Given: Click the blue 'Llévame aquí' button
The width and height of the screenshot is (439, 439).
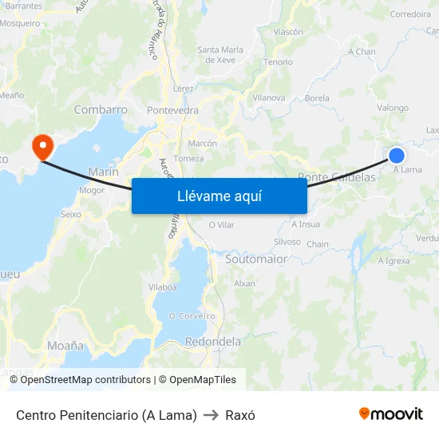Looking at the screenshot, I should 219,196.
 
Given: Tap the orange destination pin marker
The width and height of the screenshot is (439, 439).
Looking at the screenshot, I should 42,146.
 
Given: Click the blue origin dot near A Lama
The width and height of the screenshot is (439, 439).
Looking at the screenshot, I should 397,155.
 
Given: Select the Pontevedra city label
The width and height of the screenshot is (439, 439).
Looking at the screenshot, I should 173,110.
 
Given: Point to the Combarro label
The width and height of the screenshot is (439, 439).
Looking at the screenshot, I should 101,110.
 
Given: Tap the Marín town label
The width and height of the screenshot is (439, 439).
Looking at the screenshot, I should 104,172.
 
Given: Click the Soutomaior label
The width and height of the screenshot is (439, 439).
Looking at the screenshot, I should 256,259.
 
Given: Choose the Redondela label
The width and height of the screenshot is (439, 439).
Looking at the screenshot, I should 213,342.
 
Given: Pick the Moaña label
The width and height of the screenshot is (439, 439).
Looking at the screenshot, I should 65,346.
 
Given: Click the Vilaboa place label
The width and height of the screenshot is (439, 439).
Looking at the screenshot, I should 162,287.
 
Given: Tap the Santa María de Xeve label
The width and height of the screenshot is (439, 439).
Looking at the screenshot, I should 219,54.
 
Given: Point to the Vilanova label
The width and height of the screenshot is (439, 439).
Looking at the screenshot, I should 269,97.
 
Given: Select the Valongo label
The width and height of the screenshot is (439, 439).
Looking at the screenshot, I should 393,108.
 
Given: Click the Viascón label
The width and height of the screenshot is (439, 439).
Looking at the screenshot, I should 288,32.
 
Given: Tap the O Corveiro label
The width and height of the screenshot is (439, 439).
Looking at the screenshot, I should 192,316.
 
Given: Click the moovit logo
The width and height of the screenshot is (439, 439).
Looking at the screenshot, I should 391,414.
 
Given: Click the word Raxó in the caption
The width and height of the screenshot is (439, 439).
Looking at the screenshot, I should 240,415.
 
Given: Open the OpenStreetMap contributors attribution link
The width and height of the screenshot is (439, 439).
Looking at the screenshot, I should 85,380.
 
